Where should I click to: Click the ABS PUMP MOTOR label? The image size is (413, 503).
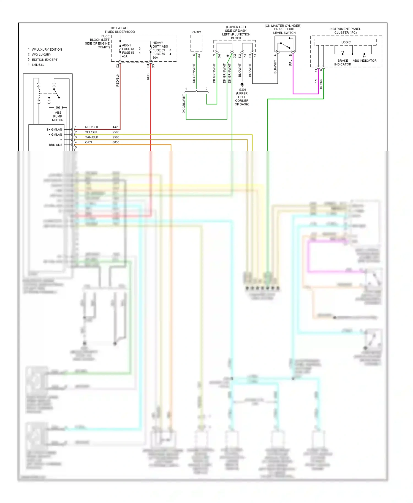click(58, 116)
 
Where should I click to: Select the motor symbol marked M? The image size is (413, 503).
click(58, 108)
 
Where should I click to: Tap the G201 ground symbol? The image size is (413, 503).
click(242, 84)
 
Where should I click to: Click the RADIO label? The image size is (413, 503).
click(196, 32)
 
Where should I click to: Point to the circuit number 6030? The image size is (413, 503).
click(116, 142)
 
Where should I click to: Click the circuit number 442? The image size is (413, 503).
click(115, 127)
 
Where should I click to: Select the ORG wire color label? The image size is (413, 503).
click(89, 142)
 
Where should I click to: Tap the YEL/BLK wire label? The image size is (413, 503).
click(91, 132)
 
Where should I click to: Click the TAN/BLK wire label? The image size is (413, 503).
click(91, 137)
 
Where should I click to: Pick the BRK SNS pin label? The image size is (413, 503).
click(56, 145)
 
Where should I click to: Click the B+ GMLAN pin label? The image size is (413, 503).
click(54, 129)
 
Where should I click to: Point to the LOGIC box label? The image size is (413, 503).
click(346, 42)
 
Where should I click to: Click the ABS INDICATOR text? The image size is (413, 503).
click(365, 61)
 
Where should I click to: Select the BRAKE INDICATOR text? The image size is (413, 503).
click(343, 62)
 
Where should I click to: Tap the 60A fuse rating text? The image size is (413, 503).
click(155, 58)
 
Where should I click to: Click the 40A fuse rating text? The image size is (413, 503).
click(125, 56)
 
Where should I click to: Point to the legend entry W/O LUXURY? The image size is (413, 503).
click(41, 54)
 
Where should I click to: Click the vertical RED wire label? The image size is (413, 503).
click(148, 77)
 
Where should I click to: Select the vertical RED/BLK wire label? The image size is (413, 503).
click(118, 80)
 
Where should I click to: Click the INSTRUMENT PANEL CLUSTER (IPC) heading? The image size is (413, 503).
click(345, 31)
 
